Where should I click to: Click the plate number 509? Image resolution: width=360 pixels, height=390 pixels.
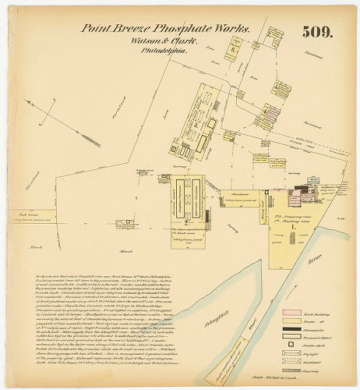pos(319,32)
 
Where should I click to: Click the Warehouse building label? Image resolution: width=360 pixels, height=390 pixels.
pos(233,194)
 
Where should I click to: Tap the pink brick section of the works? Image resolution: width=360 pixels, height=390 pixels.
pos(298,194)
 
